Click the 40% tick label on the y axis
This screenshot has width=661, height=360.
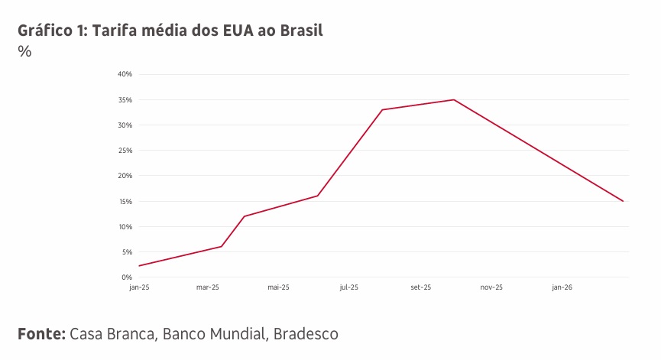[125, 74]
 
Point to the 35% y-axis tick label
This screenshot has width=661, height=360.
[125, 100]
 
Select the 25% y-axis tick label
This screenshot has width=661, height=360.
[125, 151]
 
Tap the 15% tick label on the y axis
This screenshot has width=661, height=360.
[125, 202]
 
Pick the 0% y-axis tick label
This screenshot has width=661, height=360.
[127, 277]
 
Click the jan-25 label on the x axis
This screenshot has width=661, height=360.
[139, 288]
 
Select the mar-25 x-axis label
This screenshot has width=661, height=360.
[208, 288]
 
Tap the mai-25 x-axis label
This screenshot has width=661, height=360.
[278, 288]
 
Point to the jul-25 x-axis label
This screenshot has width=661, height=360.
[349, 288]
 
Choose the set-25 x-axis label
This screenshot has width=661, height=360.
[421, 288]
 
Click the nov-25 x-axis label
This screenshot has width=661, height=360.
[491, 288]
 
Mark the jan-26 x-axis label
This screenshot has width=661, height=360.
[562, 288]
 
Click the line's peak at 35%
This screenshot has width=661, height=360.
[454, 99]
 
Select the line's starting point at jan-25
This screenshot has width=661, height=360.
[139, 266]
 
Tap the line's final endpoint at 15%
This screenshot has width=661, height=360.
[624, 201]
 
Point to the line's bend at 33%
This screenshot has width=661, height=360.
[382, 109]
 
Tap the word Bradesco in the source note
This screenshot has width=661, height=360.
[306, 334]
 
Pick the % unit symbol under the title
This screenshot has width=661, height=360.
[24, 52]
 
